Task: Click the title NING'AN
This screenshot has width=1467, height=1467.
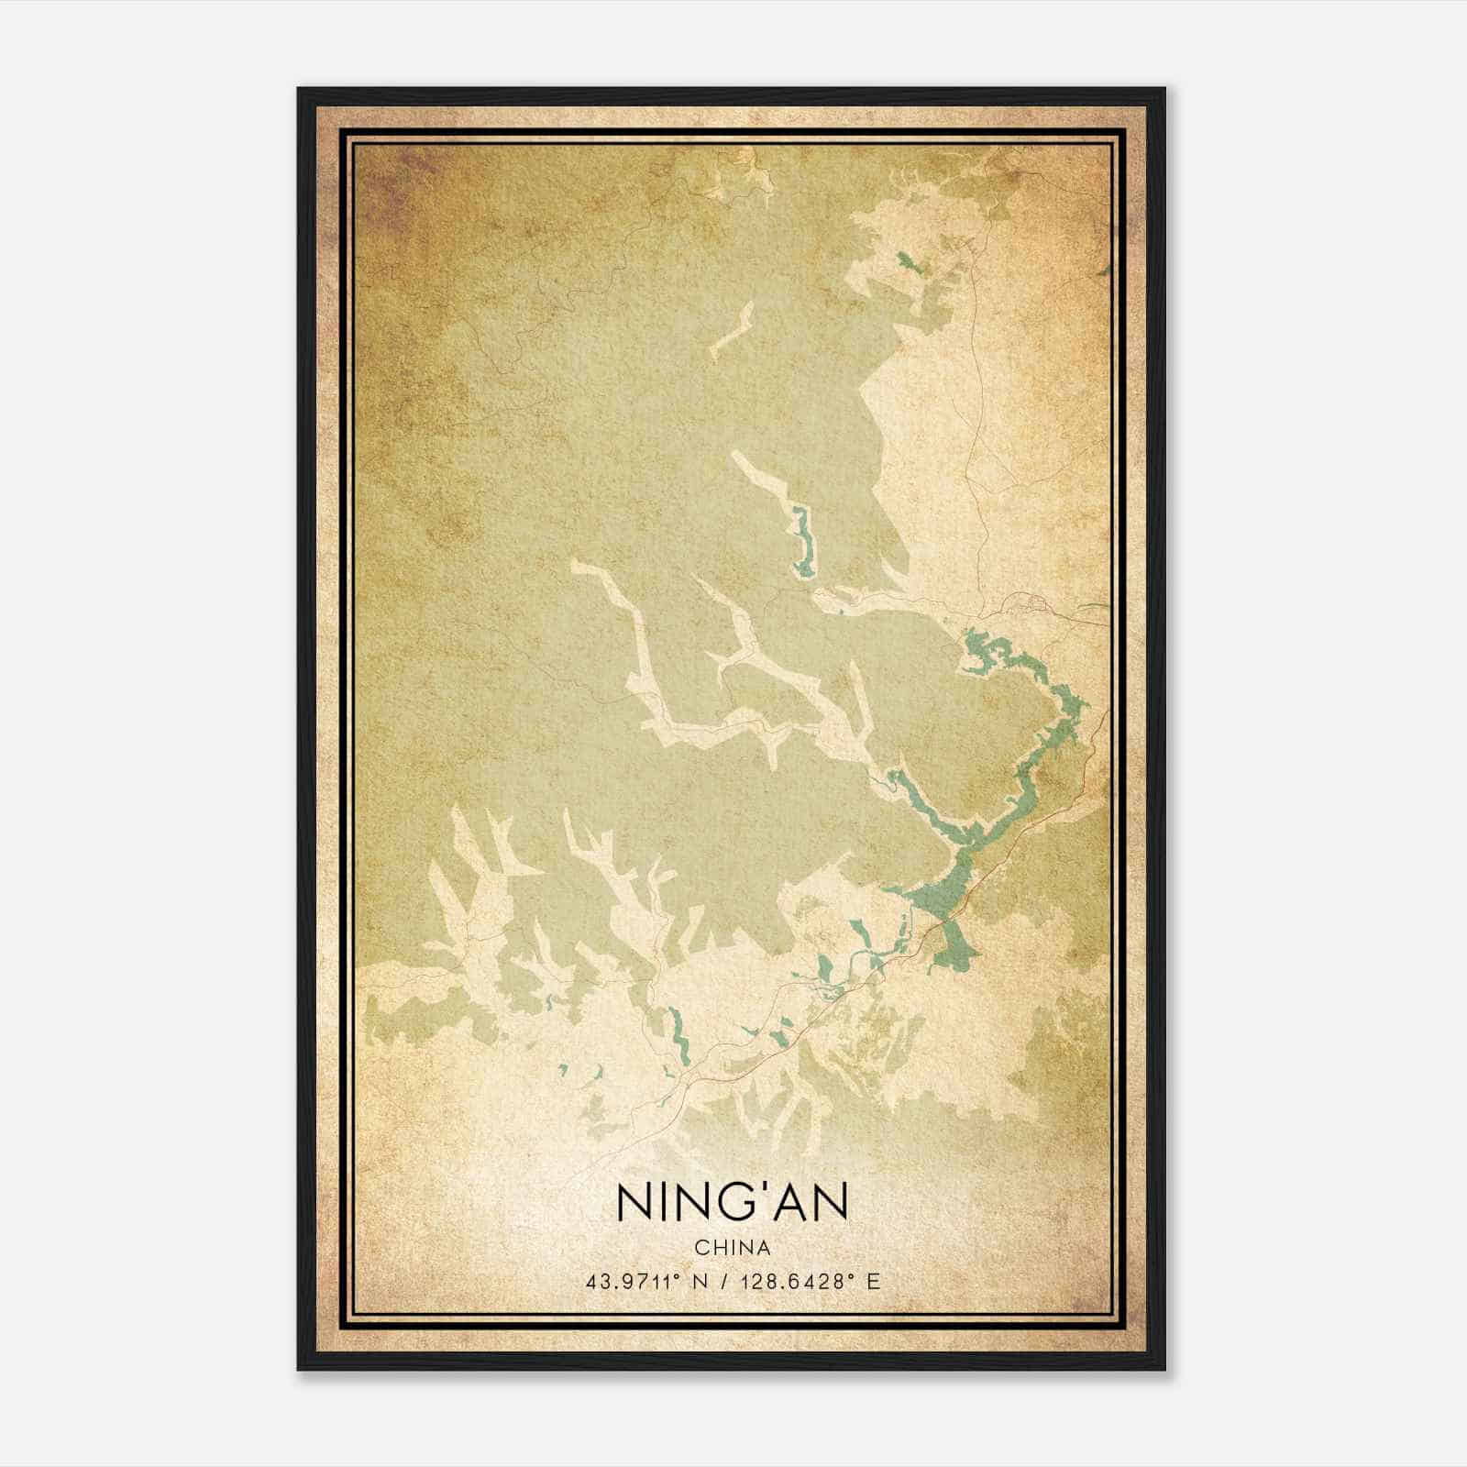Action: (733, 1203)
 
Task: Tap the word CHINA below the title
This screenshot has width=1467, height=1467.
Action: (733, 1249)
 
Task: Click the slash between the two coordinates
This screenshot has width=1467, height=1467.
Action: (725, 1282)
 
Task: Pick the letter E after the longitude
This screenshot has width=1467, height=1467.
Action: (874, 1282)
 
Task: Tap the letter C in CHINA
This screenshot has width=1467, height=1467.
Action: (701, 1249)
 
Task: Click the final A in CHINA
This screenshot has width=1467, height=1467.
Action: (765, 1249)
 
